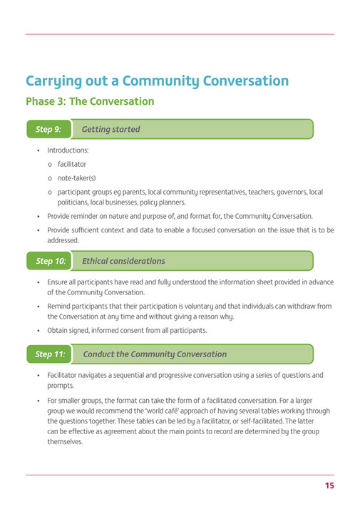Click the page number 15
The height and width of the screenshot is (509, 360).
point(329,485)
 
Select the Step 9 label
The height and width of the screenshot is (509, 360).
point(48,129)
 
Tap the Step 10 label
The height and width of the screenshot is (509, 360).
point(51,261)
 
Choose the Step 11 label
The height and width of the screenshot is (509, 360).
point(51,354)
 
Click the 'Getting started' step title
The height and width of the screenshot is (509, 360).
point(110,129)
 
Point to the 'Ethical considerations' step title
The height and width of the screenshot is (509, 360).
point(123,261)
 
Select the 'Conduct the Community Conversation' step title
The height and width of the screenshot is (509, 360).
point(155,354)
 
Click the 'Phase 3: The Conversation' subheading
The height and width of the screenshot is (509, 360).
point(90,101)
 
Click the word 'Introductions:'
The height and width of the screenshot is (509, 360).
point(68,150)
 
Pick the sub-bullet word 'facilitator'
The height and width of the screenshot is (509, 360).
point(72,164)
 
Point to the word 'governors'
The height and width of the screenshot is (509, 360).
point(287,192)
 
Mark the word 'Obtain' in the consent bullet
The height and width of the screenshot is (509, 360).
point(59,330)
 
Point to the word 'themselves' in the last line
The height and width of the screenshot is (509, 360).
point(66,441)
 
